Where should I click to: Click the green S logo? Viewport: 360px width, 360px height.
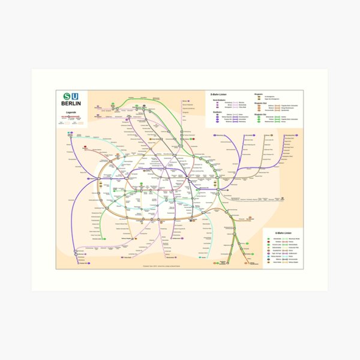(66, 97)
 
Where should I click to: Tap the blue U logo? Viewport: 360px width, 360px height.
(75, 97)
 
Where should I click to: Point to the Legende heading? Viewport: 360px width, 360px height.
(71, 113)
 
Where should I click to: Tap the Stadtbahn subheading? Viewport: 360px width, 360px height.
(215, 112)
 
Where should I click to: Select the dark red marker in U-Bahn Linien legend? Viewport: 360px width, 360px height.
(268, 241)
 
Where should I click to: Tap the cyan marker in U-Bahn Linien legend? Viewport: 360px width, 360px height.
(268, 256)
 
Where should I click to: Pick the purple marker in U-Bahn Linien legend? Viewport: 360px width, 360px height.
(268, 253)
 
